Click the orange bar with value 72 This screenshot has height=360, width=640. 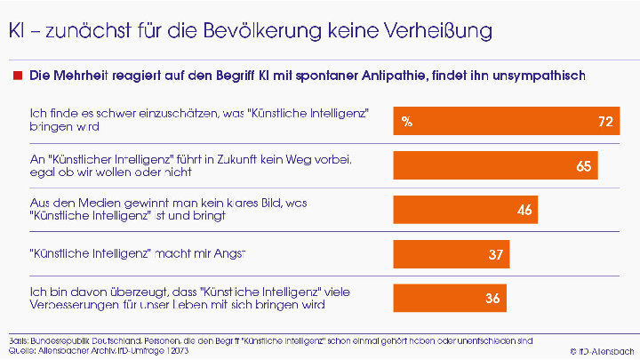click(507, 122)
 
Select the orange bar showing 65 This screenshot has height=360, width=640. click(495, 165)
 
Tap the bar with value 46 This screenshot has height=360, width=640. click(466, 210)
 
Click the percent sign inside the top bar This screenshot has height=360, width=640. click(406, 122)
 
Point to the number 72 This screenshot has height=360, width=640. click(605, 122)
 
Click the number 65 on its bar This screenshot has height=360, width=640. click(583, 166)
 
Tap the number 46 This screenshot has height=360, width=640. click(524, 210)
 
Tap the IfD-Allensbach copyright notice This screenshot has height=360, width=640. click(604, 352)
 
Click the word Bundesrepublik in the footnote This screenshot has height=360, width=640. click(63, 340)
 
